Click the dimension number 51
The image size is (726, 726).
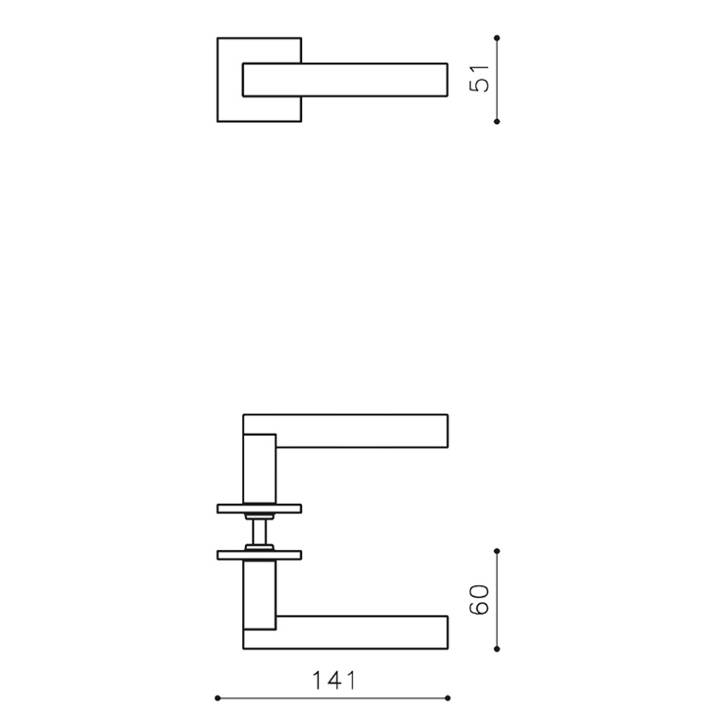click(x=479, y=79)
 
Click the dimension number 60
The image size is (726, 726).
click(x=479, y=600)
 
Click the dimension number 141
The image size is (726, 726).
click(x=334, y=681)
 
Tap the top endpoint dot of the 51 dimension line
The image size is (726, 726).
click(x=497, y=38)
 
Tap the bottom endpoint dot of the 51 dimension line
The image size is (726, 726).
click(x=497, y=121)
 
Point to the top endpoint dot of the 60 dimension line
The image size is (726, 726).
click(x=497, y=551)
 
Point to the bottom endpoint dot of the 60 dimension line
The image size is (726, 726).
click(x=497, y=649)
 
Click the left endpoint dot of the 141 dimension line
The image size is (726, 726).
click(x=217, y=698)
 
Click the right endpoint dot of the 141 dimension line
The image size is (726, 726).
click(x=448, y=698)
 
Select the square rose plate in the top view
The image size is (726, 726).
click(x=230, y=80)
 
